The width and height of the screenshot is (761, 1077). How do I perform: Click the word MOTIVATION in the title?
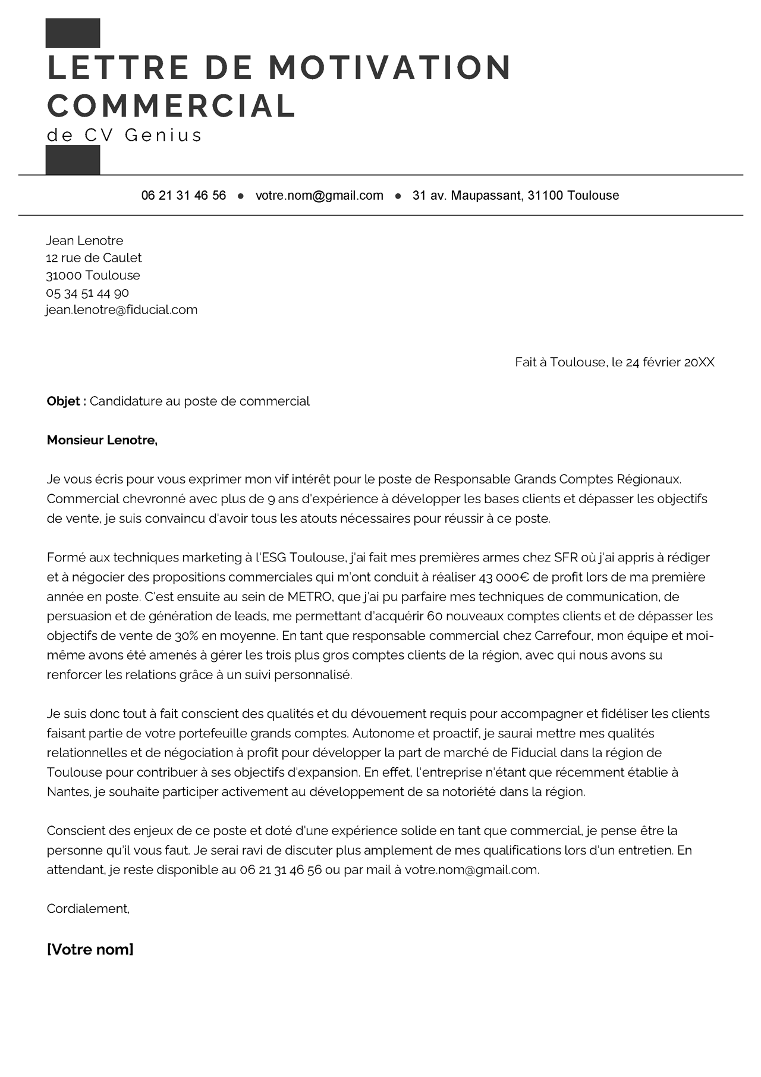point(389,67)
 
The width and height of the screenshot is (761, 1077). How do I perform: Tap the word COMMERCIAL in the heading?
point(171,106)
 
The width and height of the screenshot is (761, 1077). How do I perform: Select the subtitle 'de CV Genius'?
point(124,136)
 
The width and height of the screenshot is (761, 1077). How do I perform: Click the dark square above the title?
point(73,33)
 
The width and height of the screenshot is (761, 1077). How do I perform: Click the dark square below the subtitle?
point(73,160)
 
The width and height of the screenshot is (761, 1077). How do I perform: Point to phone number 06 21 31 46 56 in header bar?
point(184,196)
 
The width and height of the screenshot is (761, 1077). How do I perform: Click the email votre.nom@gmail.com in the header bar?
point(319,196)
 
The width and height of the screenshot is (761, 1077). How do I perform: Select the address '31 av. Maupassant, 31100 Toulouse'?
point(515,196)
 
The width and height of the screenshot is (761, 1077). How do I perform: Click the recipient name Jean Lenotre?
point(84,241)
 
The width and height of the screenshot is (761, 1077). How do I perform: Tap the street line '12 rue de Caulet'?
point(94,258)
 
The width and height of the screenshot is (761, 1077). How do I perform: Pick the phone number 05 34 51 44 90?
point(87,293)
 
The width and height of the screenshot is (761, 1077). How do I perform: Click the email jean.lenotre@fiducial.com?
point(122,310)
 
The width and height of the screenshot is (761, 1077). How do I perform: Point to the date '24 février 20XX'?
point(670,362)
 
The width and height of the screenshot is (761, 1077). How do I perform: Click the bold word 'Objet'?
point(64,401)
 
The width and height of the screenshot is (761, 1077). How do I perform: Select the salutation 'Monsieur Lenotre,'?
point(102,441)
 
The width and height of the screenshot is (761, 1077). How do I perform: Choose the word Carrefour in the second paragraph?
point(562,636)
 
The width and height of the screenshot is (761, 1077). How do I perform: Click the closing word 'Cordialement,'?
point(88,909)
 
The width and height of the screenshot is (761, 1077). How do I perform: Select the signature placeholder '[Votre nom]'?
point(90,950)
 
